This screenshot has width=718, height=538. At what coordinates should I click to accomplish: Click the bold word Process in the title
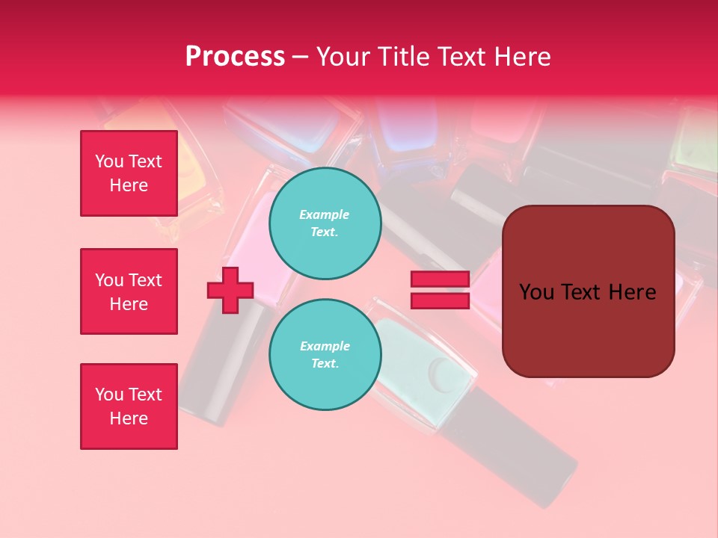point(235,57)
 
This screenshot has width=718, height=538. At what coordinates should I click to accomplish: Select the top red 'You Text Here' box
point(129,173)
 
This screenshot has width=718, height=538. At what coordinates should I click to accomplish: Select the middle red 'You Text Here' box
point(129,291)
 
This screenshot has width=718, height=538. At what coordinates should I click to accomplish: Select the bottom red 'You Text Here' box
point(129,406)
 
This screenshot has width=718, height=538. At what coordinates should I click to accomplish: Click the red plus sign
point(230,290)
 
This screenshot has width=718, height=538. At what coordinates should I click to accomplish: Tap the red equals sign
point(440,290)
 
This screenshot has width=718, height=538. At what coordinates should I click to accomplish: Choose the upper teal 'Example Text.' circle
point(325,223)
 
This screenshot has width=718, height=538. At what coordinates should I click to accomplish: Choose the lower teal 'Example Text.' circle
point(325,355)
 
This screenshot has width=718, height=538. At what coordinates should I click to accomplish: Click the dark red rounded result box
point(588,291)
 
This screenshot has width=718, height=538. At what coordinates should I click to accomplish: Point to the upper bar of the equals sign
point(440,279)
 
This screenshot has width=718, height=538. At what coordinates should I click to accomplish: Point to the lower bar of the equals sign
point(440,300)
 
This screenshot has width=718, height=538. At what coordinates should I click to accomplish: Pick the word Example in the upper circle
point(325,215)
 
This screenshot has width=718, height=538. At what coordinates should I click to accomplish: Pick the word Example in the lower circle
point(325,347)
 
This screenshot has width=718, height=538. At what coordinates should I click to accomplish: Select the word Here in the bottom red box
point(129,418)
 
